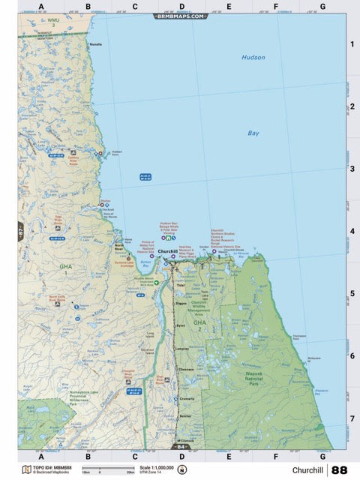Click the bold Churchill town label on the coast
click(168, 251)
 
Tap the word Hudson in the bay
click(253, 57)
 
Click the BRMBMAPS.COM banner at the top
click(180, 15)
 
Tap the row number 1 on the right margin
click(352, 44)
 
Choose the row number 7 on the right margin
click(352, 418)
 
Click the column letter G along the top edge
click(322, 6)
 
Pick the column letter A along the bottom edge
click(41, 455)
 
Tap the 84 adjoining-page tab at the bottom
click(180, 448)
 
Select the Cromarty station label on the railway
click(186, 398)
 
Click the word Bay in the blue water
click(253, 133)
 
